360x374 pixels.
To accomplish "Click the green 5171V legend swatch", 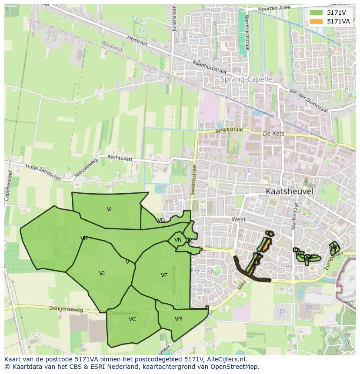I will click(x=316, y=13).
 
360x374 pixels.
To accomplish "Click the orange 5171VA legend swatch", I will click(x=316, y=21).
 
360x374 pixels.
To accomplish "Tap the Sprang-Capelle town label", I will click(x=246, y=79).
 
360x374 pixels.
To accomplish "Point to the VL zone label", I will click(x=110, y=209).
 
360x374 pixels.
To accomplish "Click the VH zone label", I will click(x=84, y=238).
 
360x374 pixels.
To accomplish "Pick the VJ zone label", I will click(x=102, y=273).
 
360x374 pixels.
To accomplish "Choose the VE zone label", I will click(x=164, y=275).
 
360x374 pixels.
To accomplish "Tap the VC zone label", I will click(x=132, y=319).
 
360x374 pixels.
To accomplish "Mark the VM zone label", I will click(x=179, y=319).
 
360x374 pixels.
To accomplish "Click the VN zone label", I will click(x=178, y=240).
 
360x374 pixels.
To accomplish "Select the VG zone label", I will click(x=161, y=220).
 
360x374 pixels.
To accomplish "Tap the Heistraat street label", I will click(x=137, y=41).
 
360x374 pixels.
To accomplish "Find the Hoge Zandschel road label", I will click(x=43, y=169).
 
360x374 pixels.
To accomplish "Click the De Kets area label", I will click(x=273, y=133).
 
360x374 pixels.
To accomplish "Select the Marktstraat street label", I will click(x=296, y=216).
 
